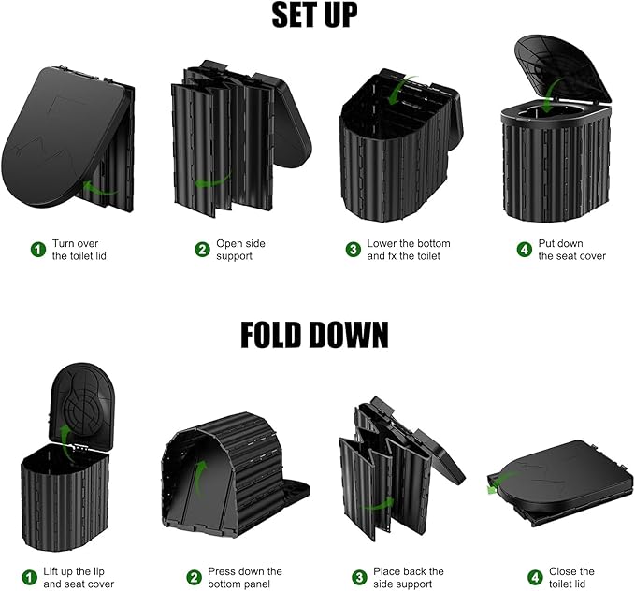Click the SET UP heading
point(314,15)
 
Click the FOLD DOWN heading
point(314,335)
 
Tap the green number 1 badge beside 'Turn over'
point(38,249)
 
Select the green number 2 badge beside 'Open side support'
point(203,249)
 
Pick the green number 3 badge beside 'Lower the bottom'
point(354,249)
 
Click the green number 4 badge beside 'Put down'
point(525,249)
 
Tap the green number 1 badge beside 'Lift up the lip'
point(29,577)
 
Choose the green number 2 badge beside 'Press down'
point(194,577)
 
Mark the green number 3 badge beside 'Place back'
point(359,577)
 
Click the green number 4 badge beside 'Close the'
point(535,577)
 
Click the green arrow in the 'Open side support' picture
point(211,181)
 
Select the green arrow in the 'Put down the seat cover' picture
point(552,95)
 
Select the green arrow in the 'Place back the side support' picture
point(377,504)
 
